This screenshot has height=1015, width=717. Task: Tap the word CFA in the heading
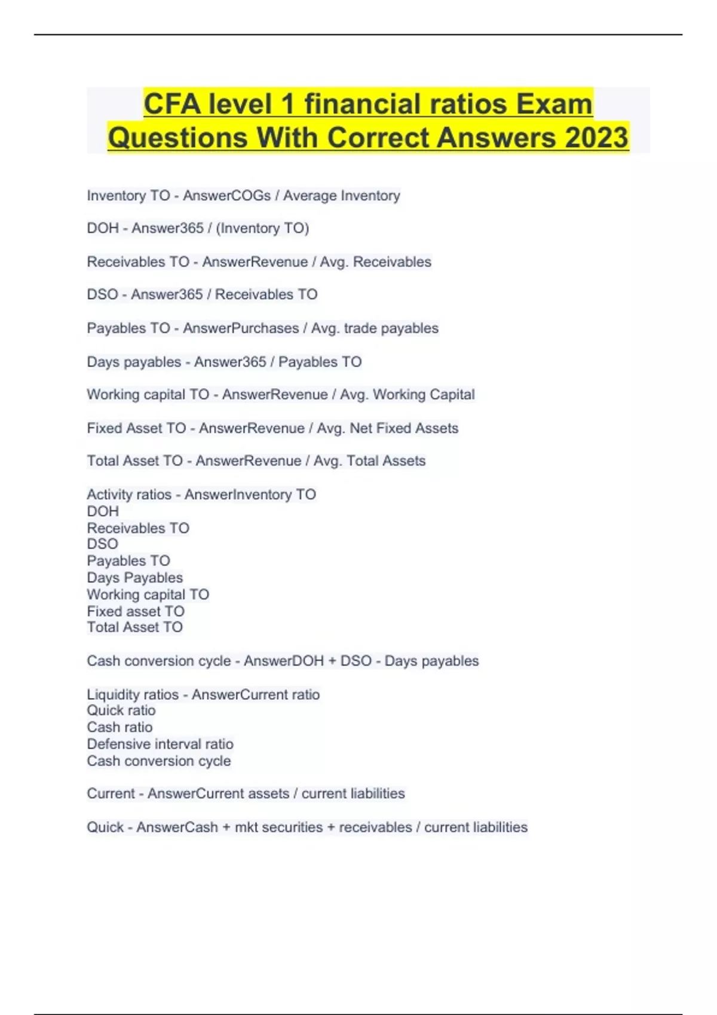point(172,104)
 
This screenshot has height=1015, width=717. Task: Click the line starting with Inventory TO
point(243,196)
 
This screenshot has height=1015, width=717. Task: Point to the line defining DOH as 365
point(198,228)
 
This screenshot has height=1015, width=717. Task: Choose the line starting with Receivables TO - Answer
point(259,262)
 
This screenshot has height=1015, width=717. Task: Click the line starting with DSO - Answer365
point(202,294)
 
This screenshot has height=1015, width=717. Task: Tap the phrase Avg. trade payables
point(375,328)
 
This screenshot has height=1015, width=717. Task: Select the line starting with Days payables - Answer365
point(224,362)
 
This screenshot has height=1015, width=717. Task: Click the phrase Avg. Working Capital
point(407,395)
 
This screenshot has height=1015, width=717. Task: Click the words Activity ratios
point(129,494)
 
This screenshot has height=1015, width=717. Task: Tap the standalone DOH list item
point(103,511)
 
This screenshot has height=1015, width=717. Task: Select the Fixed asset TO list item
point(136,611)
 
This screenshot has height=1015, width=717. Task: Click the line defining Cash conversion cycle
point(283,661)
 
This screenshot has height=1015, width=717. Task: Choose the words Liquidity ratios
point(133,694)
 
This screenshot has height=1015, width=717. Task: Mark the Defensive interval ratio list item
point(160,744)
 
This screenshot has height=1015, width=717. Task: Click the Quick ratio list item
point(121,710)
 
